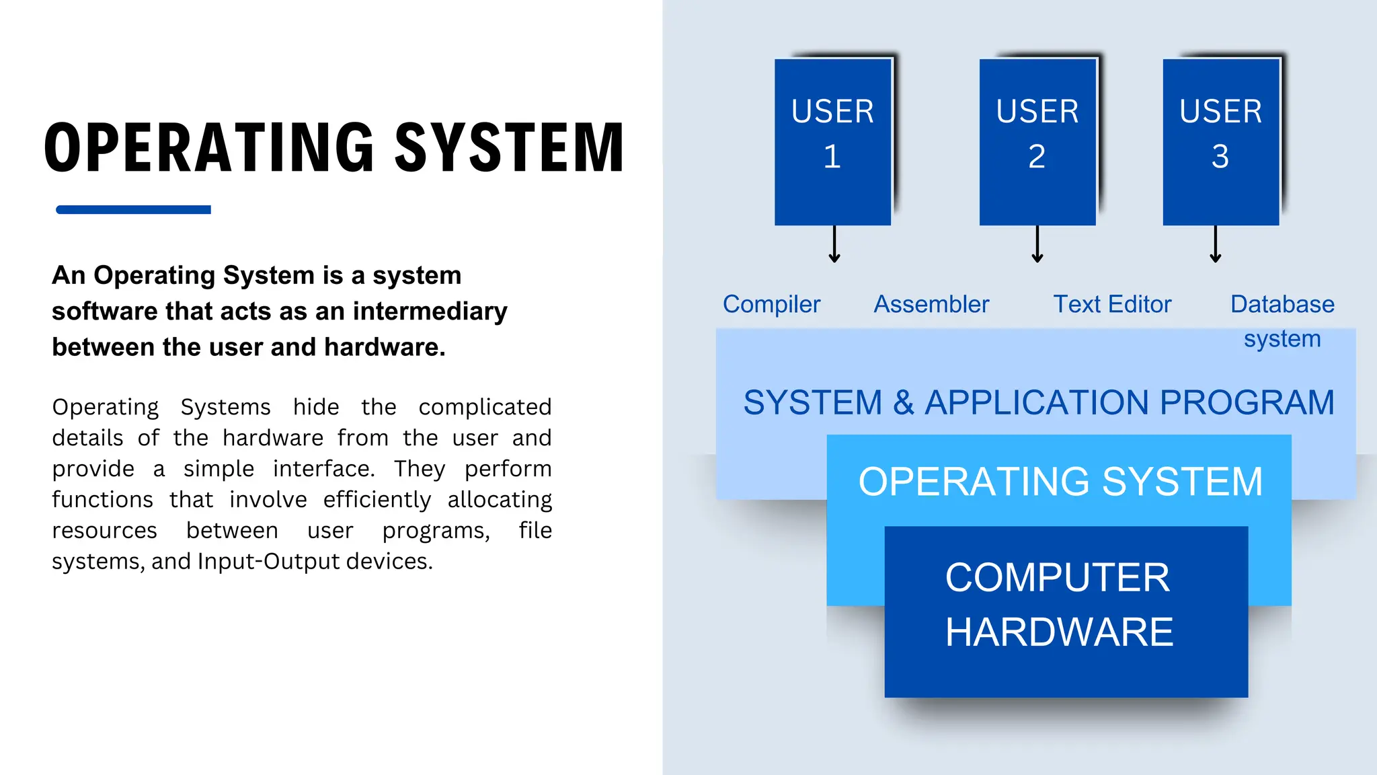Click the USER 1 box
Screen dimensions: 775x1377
pos(832,141)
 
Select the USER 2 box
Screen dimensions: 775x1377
pos(1037,141)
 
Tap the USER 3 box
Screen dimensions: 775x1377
pos(1220,141)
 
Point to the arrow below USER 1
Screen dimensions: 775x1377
pos(834,244)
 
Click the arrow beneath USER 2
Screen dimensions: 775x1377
pos(1037,244)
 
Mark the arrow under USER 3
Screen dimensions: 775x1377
pos(1215,244)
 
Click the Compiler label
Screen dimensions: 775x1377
pos(771,304)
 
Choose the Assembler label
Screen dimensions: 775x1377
pos(931,304)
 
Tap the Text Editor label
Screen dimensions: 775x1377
pos(1112,304)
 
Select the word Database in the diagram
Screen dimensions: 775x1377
pos(1282,304)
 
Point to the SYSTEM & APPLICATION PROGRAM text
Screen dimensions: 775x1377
pos(1038,402)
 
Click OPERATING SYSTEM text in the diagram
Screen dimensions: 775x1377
pos(1060,482)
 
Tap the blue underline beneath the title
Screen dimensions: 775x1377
pos(133,210)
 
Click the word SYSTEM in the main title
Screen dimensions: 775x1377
pos(509,148)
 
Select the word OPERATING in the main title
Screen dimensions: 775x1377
pos(209,148)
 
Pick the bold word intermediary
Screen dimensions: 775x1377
pos(430,311)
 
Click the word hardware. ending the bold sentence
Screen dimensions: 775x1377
pos(385,347)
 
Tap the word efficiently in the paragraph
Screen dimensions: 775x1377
pos(377,500)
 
